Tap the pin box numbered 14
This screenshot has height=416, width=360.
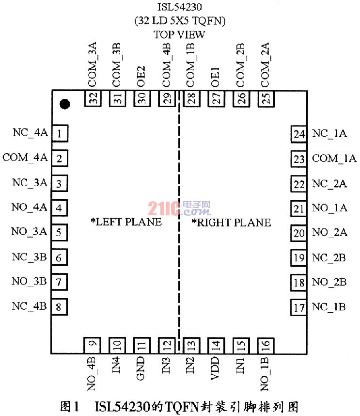216,346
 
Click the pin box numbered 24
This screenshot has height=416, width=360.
299,134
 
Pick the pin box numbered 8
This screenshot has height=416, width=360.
59,306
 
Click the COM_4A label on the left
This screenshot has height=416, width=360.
25,158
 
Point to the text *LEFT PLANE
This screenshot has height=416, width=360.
126,223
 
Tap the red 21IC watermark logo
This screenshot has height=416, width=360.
179,208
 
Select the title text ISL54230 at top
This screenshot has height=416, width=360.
180,8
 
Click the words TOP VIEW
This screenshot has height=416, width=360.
180,34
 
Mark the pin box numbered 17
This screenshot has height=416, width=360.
299,307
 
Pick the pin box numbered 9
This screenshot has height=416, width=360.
92,346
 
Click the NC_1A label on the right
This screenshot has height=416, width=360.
330,134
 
